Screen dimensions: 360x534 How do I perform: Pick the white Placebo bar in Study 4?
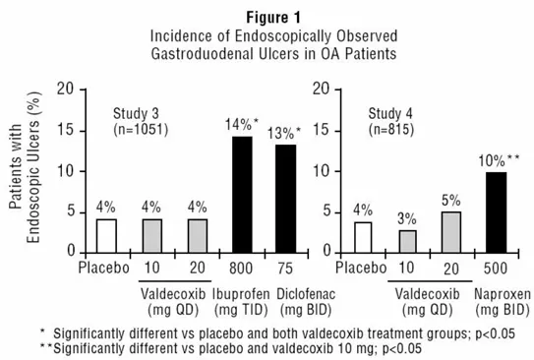click(363, 237)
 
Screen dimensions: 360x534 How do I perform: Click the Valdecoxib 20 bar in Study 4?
click(452, 232)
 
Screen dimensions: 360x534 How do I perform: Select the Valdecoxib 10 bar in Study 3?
click(152, 235)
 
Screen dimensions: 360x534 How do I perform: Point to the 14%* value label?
click(242, 126)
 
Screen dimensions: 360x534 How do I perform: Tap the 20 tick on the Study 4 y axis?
click(320, 89)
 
